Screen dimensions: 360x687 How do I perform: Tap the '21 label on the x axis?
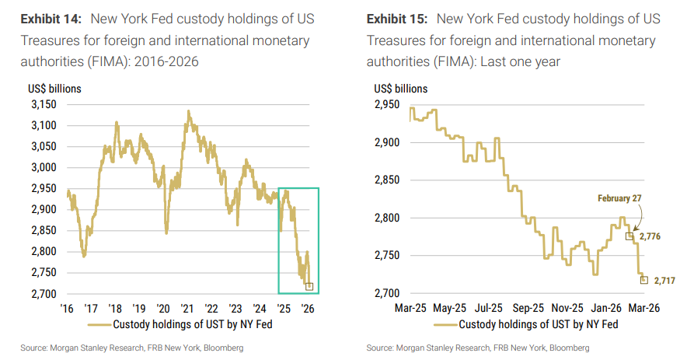pos(187,307)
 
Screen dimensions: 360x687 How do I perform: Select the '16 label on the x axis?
pos(68,307)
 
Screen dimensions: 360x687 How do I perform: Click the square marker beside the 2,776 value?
pos(629,236)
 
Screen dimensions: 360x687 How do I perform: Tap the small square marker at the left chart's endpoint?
pos(309,286)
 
